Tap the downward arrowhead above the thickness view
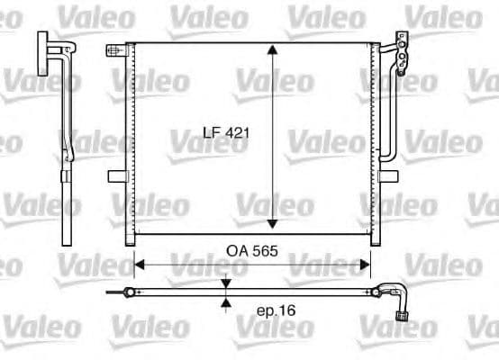[x=225, y=284]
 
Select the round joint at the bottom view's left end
[x=132, y=292]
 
